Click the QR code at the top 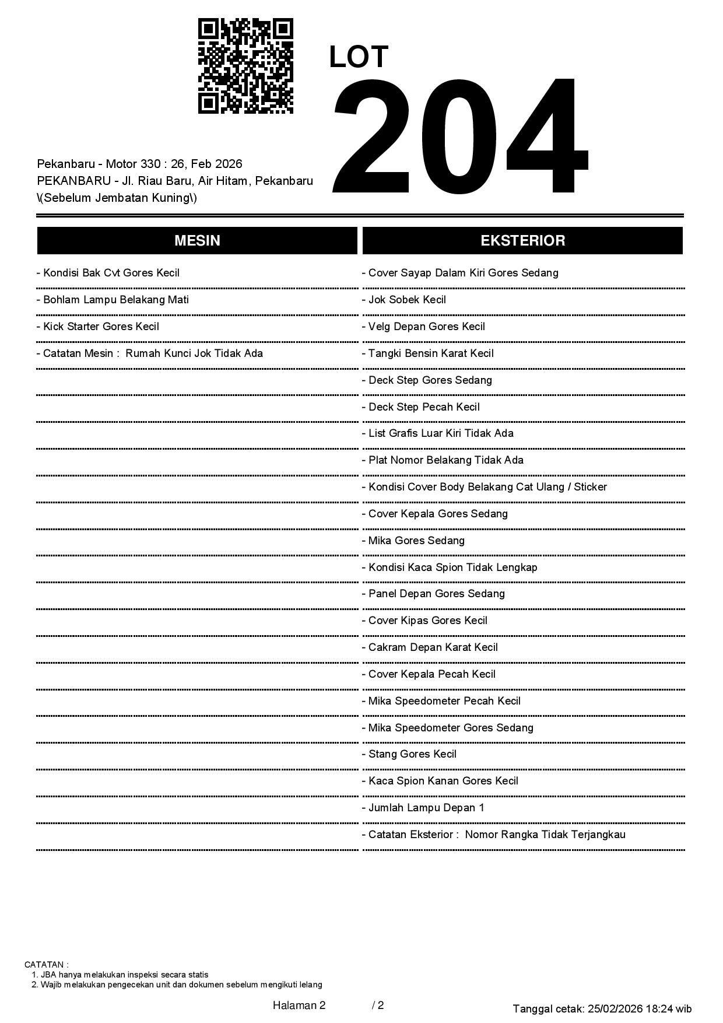245,66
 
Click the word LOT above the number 359,57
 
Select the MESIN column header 197,241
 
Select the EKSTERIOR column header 522,241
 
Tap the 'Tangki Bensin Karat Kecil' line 430,353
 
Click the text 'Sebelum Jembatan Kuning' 117,198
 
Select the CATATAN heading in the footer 47,965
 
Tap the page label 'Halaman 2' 299,1005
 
